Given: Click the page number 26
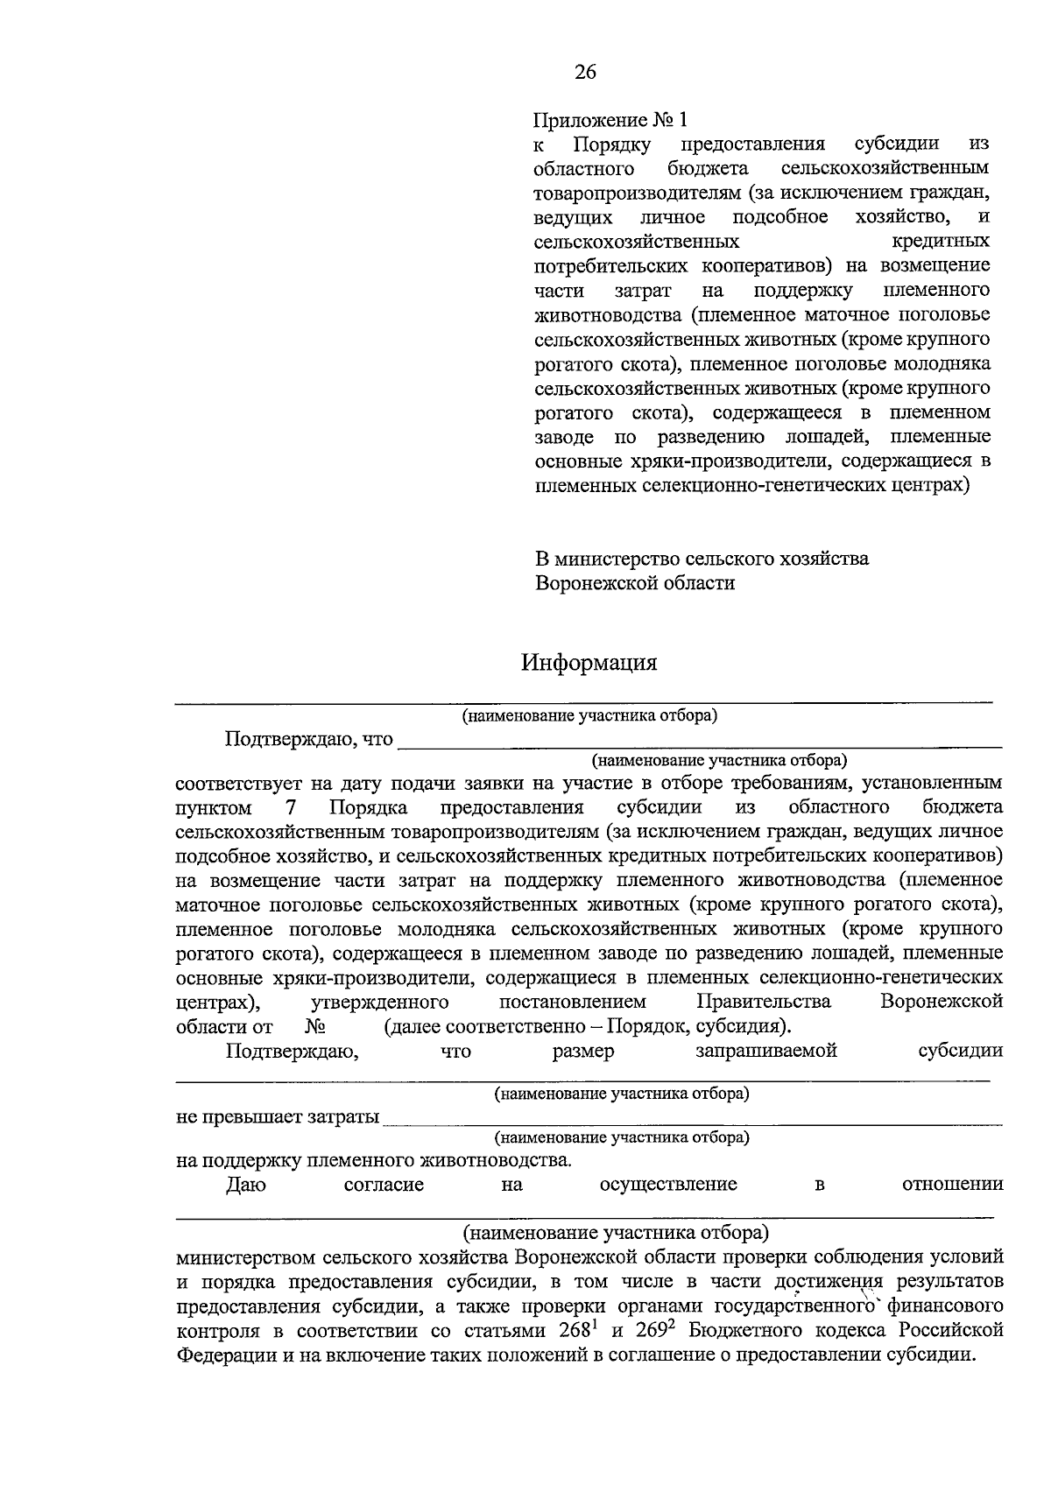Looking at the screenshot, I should point(585,73).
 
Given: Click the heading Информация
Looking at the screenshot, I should point(589,662).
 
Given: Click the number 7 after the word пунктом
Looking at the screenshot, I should point(290,806).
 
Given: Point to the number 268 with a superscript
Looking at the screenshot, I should point(577,1330).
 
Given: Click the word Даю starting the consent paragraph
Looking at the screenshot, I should point(246,1185).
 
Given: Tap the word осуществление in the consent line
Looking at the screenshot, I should point(667,1185).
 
